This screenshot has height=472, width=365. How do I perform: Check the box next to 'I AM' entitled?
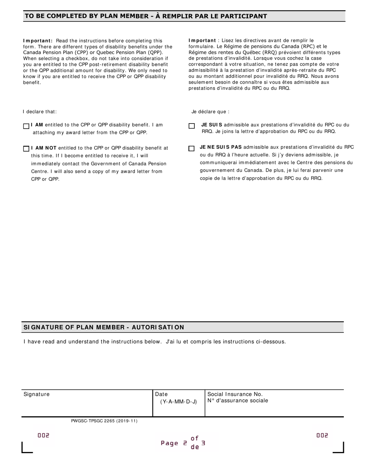pyautogui.click(x=26, y=126)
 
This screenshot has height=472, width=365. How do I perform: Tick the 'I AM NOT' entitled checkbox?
pyautogui.click(x=26, y=149)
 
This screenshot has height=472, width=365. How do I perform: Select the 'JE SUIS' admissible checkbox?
pyautogui.click(x=191, y=126)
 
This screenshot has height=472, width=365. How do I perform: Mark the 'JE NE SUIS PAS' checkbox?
pyautogui.click(x=191, y=149)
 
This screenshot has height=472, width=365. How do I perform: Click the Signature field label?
pyautogui.click(x=36, y=394)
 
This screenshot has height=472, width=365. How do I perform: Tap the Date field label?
pyautogui.click(x=161, y=394)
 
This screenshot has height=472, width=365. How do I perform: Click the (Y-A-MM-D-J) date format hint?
pyautogui.click(x=178, y=402)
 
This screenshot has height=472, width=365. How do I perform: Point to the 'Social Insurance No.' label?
pyautogui.click(x=235, y=394)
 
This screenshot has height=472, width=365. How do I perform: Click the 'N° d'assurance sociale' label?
pyautogui.click(x=237, y=401)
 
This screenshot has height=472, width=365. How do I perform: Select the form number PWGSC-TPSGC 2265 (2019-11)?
pyautogui.click(x=104, y=421)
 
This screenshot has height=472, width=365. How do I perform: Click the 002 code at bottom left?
pyautogui.click(x=43, y=436)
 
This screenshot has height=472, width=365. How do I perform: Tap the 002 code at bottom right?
pyautogui.click(x=322, y=436)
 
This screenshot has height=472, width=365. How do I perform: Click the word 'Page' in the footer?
pyautogui.click(x=169, y=443)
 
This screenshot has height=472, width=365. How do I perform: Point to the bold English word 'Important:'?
pyautogui.click(x=38, y=41)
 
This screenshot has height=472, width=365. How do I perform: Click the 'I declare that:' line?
pyautogui.click(x=40, y=112)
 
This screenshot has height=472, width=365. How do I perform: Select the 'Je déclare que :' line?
pyautogui.click(x=210, y=112)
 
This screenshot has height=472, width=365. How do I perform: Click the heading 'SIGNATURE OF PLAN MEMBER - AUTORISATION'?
pyautogui.click(x=104, y=327)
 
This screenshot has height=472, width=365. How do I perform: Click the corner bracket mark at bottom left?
pyautogui.click(x=26, y=448)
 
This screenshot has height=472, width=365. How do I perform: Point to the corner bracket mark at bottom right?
pyautogui.click(x=339, y=448)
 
